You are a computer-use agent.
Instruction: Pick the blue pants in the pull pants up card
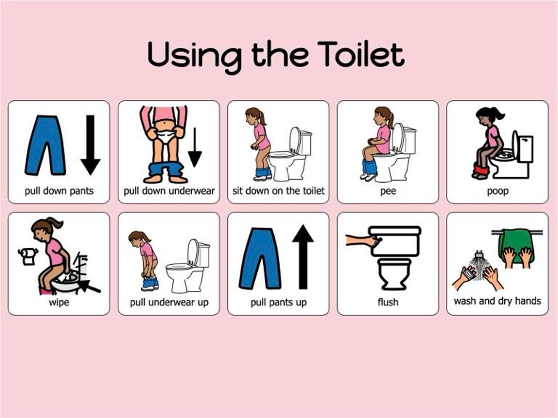coord(260,258)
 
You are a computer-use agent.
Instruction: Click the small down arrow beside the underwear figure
coord(195,147)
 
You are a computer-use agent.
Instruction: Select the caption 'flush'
coord(388,302)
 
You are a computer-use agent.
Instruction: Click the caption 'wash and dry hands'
coord(497,301)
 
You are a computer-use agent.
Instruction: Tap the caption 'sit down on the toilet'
coord(278,191)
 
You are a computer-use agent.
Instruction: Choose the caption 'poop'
coord(497,191)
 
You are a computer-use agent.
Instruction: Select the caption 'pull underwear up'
coord(169,302)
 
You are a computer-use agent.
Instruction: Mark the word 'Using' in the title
coord(194,55)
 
